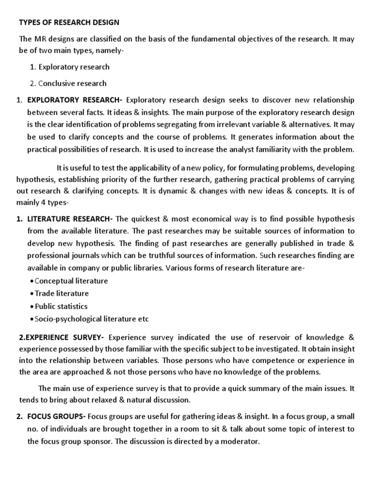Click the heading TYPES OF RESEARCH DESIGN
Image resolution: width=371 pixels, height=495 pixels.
[x=69, y=23]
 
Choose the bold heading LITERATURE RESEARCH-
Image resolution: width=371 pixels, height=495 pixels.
[x=71, y=218]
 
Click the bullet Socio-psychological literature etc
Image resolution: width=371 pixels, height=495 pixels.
[x=92, y=319]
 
